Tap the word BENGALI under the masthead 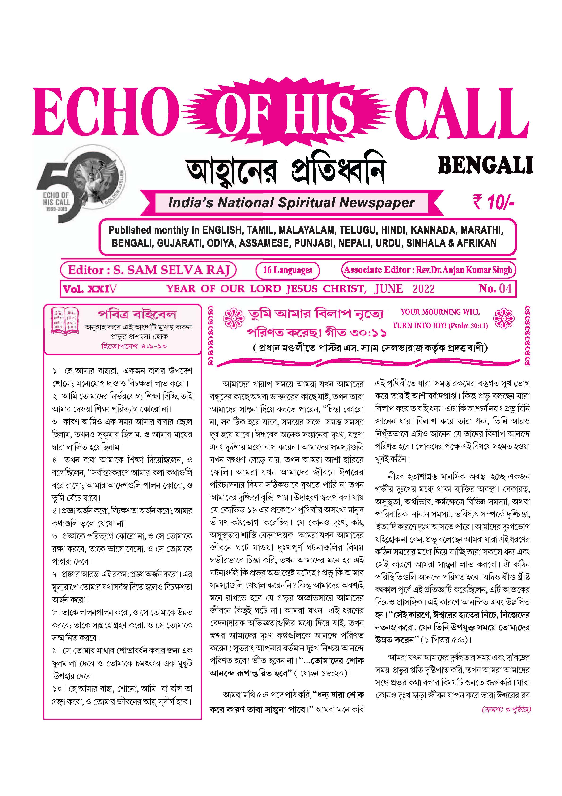485,166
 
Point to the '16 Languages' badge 288,270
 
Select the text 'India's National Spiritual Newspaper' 291,203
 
